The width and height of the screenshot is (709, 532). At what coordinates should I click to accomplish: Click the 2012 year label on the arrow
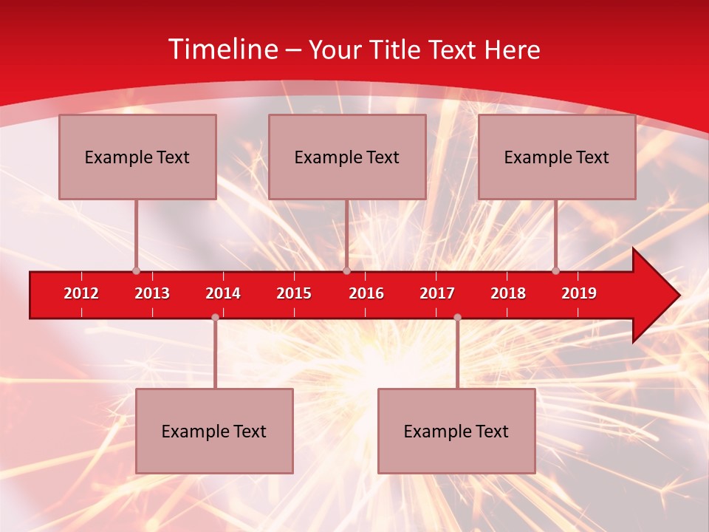coord(81,293)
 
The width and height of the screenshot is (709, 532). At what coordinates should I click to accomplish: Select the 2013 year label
coord(152,293)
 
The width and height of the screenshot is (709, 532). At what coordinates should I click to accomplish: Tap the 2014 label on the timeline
coord(223,293)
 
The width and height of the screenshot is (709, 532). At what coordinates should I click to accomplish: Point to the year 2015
coord(294,293)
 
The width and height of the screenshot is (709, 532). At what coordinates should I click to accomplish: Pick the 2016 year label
coord(366,293)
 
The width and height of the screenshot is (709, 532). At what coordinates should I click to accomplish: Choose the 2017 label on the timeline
coord(437,293)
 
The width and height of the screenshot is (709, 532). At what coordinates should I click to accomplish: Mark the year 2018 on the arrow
coord(508,293)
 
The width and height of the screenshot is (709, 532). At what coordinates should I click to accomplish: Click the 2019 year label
coord(579,293)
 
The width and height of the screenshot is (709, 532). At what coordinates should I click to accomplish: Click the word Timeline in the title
coord(221,50)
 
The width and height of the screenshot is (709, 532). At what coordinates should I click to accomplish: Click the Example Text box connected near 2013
coord(137,157)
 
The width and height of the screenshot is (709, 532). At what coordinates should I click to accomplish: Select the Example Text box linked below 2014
coord(214,431)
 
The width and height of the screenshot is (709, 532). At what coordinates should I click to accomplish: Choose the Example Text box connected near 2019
coord(557,157)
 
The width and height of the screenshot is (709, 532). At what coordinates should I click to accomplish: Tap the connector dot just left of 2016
coord(346,270)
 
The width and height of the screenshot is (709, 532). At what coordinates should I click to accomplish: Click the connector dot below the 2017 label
coord(457,317)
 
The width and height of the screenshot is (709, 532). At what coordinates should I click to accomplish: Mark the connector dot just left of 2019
coord(556,270)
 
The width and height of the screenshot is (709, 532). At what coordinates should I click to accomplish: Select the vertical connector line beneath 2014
coord(215,353)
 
